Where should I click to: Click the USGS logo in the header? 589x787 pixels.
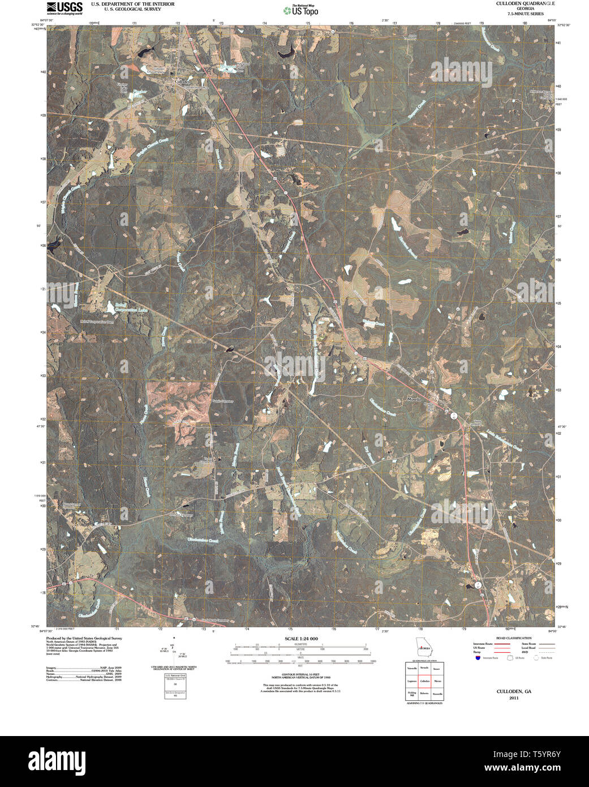[65, 7]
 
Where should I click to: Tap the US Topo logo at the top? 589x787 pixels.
[301, 10]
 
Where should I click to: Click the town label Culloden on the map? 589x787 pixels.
[182, 82]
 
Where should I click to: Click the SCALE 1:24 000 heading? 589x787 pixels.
[301, 639]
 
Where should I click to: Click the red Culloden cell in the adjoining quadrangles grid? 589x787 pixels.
[425, 681]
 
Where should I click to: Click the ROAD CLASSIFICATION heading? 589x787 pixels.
[513, 638]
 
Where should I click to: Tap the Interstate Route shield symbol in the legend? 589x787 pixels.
[478, 658]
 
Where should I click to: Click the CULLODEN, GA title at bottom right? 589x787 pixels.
[514, 691]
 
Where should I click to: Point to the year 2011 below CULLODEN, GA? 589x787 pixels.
[513, 698]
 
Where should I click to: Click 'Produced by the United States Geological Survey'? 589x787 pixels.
[84, 638]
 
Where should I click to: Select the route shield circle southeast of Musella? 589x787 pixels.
[454, 415]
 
